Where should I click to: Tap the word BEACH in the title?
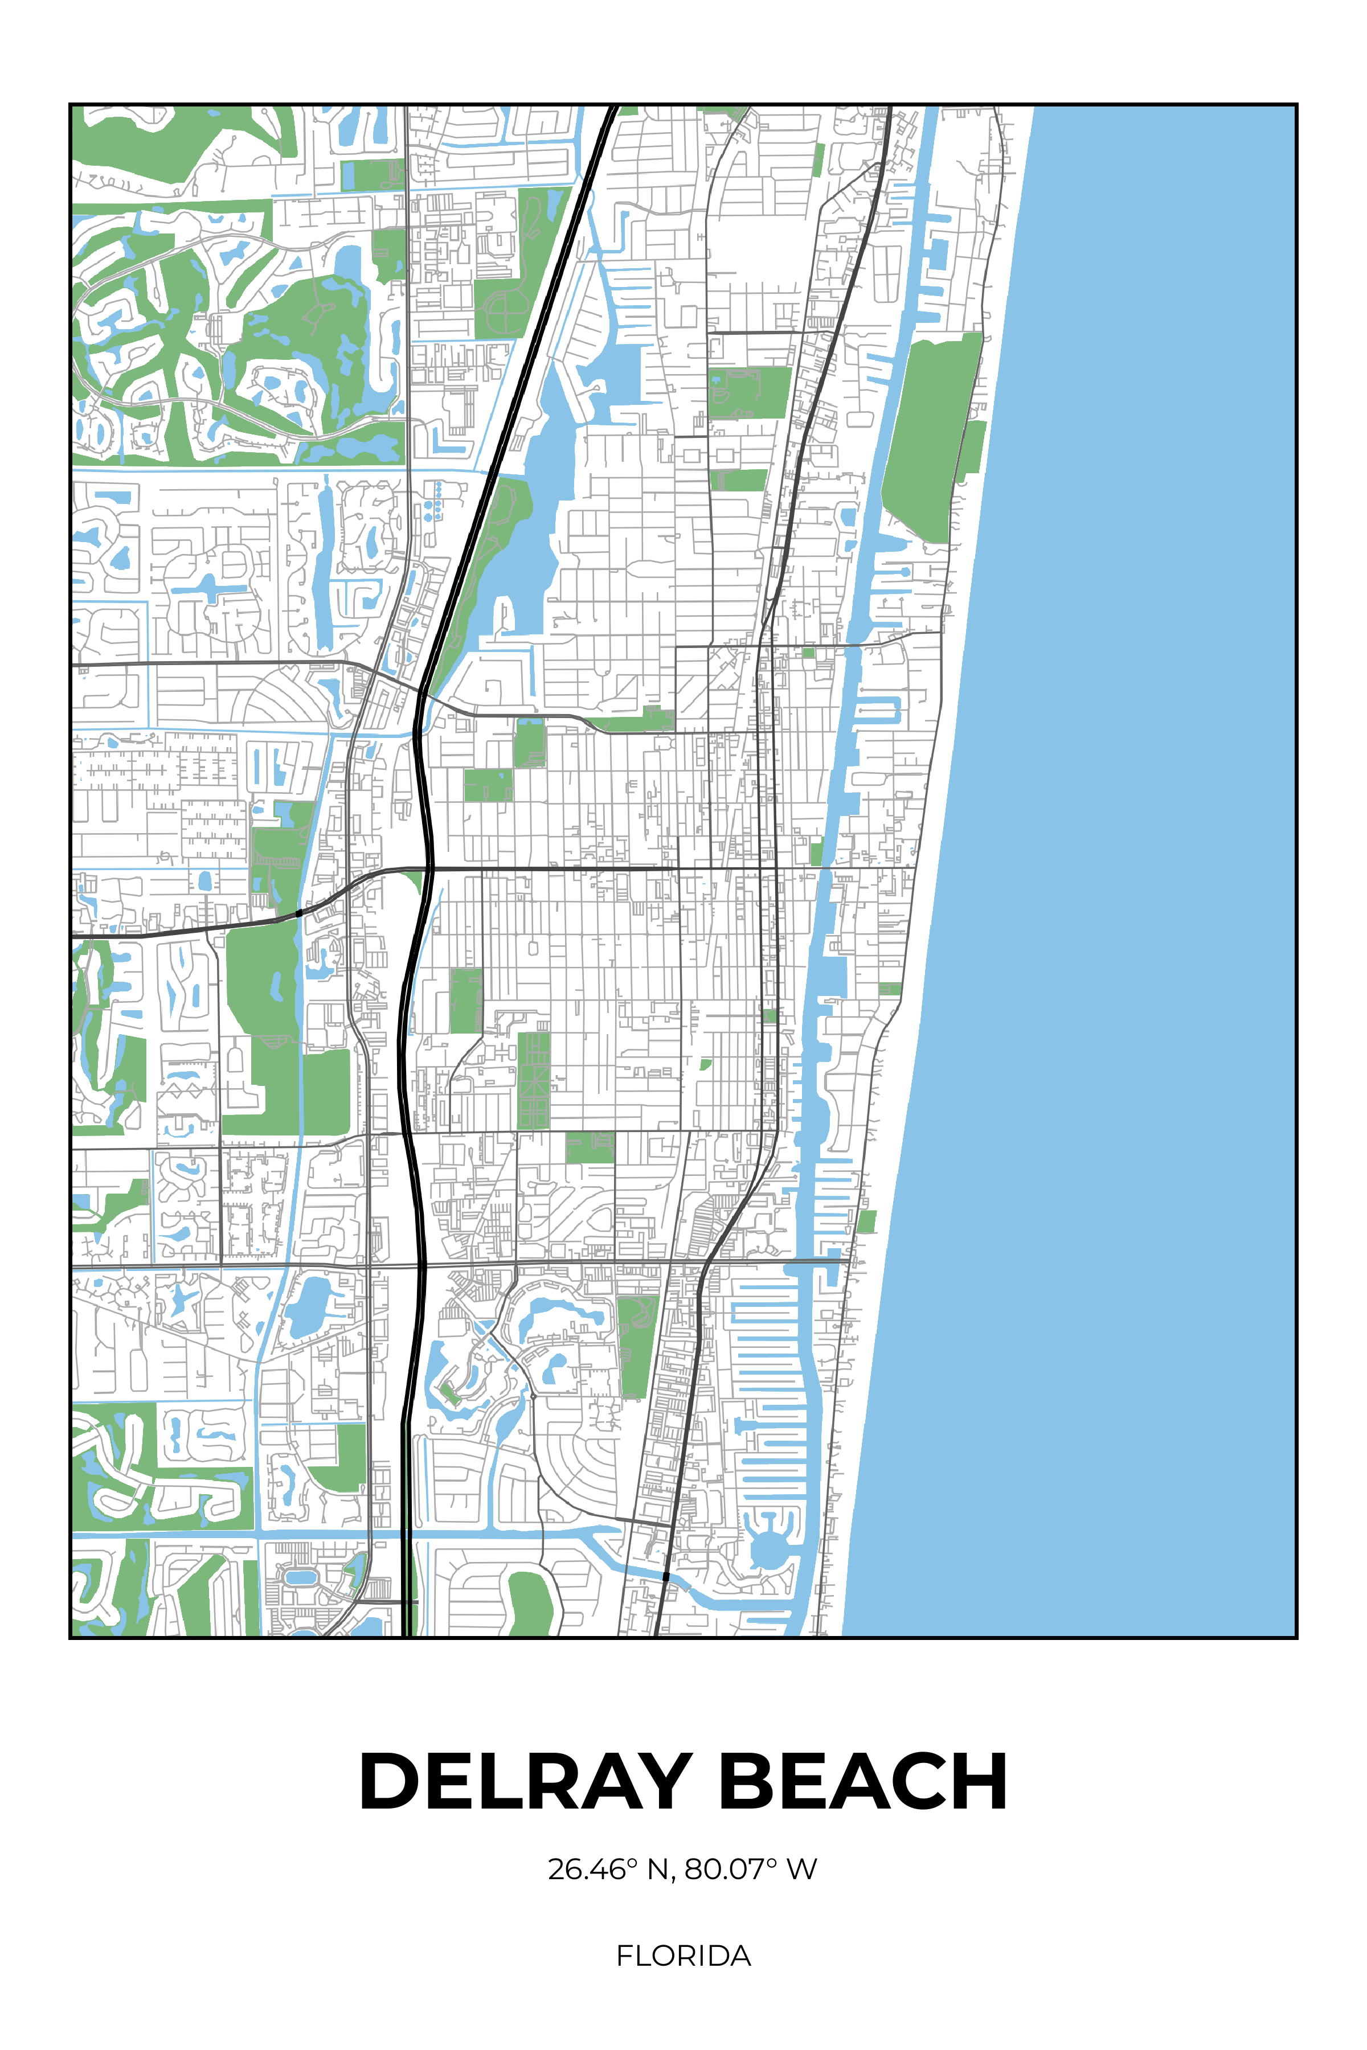click(x=862, y=1781)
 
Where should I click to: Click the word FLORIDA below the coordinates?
click(x=683, y=1956)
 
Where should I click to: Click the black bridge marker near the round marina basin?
click(x=666, y=1576)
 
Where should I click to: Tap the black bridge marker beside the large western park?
click(x=299, y=913)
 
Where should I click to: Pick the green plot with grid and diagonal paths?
click(x=534, y=1081)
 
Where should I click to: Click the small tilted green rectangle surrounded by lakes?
click(x=450, y=1393)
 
